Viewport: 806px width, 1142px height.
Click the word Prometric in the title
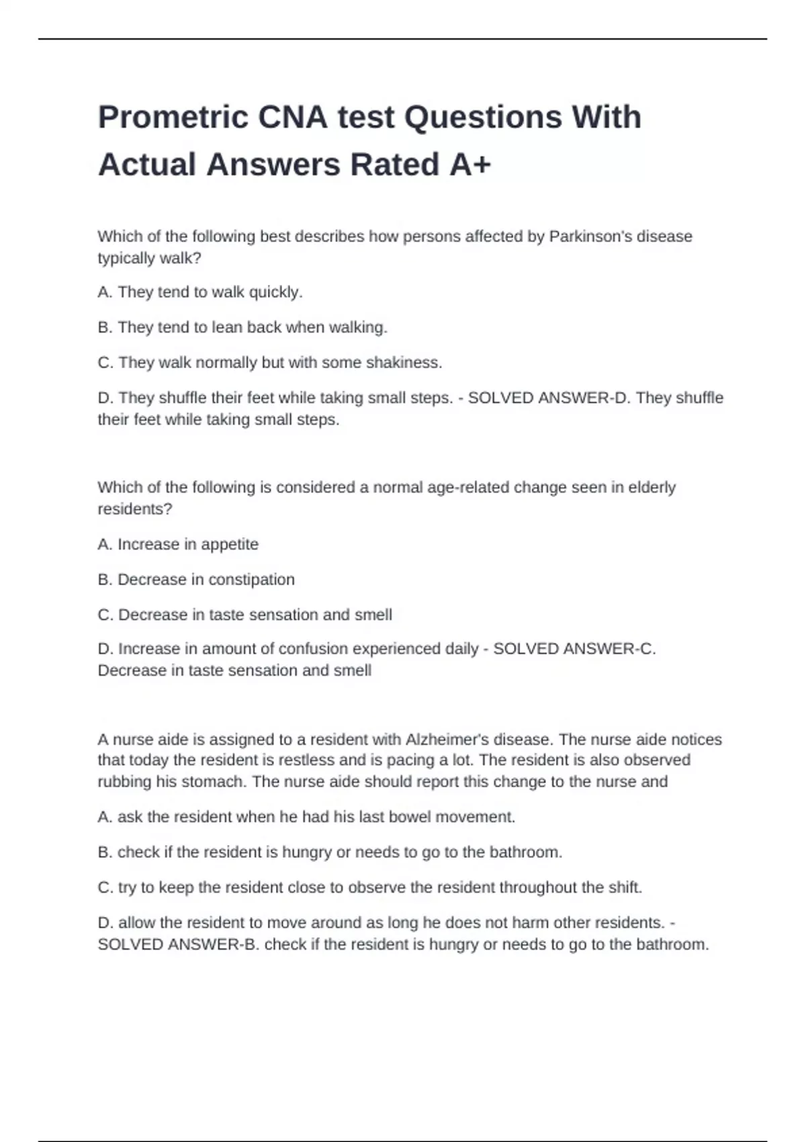click(x=173, y=118)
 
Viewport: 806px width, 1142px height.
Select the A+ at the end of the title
click(x=470, y=165)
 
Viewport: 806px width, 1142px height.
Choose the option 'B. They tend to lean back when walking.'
click(x=242, y=327)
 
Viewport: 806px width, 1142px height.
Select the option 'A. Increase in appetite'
click(x=178, y=544)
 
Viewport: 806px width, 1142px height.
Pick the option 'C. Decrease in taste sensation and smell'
click(x=244, y=615)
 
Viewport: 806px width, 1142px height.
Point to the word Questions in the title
click(x=482, y=118)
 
